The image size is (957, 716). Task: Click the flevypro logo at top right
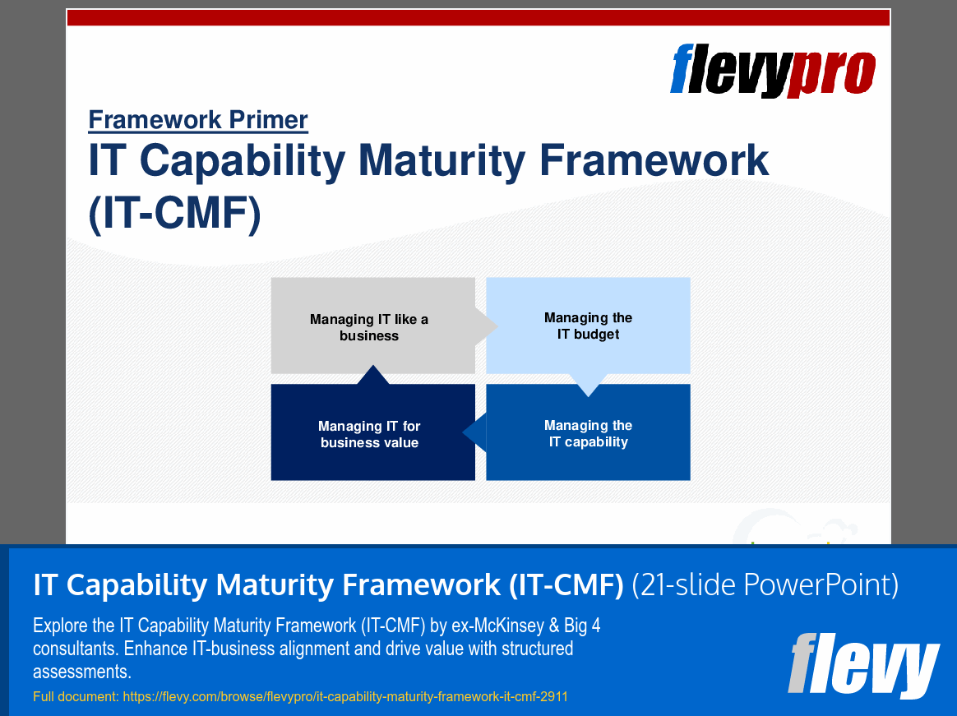click(x=773, y=71)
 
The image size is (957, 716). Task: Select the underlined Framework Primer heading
click(x=198, y=120)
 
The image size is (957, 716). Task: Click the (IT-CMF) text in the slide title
click(x=174, y=214)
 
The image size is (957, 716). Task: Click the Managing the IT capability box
click(x=588, y=433)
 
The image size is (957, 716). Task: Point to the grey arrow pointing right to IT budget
click(x=487, y=326)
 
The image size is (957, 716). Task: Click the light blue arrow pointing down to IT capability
click(x=588, y=385)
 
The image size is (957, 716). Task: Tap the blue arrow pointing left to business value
click(x=475, y=433)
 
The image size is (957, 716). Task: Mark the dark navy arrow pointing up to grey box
click(x=372, y=376)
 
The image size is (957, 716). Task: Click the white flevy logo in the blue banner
click(x=863, y=663)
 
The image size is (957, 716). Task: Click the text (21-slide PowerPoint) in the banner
click(x=765, y=584)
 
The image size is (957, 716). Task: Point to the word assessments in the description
click(x=82, y=672)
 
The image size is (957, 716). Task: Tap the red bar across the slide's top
click(x=478, y=18)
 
